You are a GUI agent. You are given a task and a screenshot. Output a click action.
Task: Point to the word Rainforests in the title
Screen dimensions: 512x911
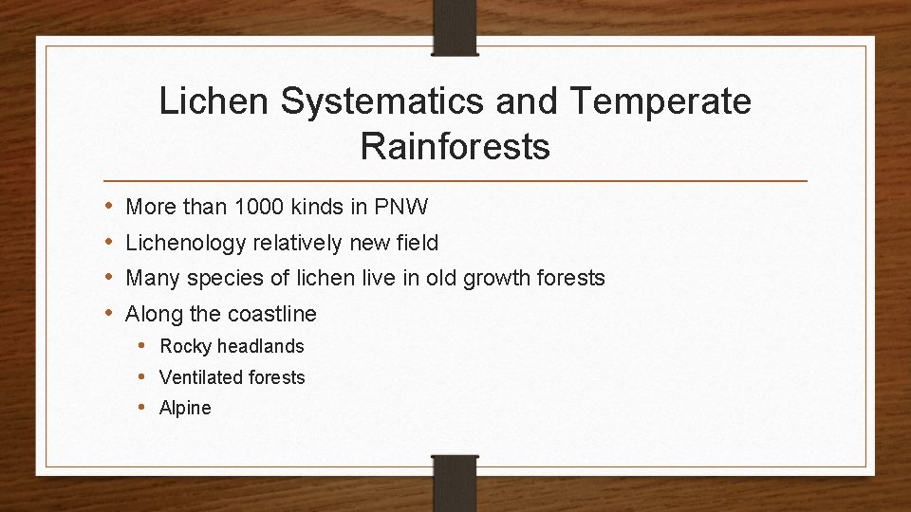pos(455,147)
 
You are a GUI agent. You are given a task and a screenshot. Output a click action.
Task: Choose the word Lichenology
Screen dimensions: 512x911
pos(186,243)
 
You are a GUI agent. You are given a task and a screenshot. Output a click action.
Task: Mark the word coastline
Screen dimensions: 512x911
pos(269,314)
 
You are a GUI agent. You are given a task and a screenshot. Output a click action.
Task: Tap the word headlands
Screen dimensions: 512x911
pos(261,347)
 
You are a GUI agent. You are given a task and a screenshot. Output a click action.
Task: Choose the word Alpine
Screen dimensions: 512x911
pos(185,409)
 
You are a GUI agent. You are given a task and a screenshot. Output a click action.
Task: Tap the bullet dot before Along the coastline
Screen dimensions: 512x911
pos(109,313)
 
